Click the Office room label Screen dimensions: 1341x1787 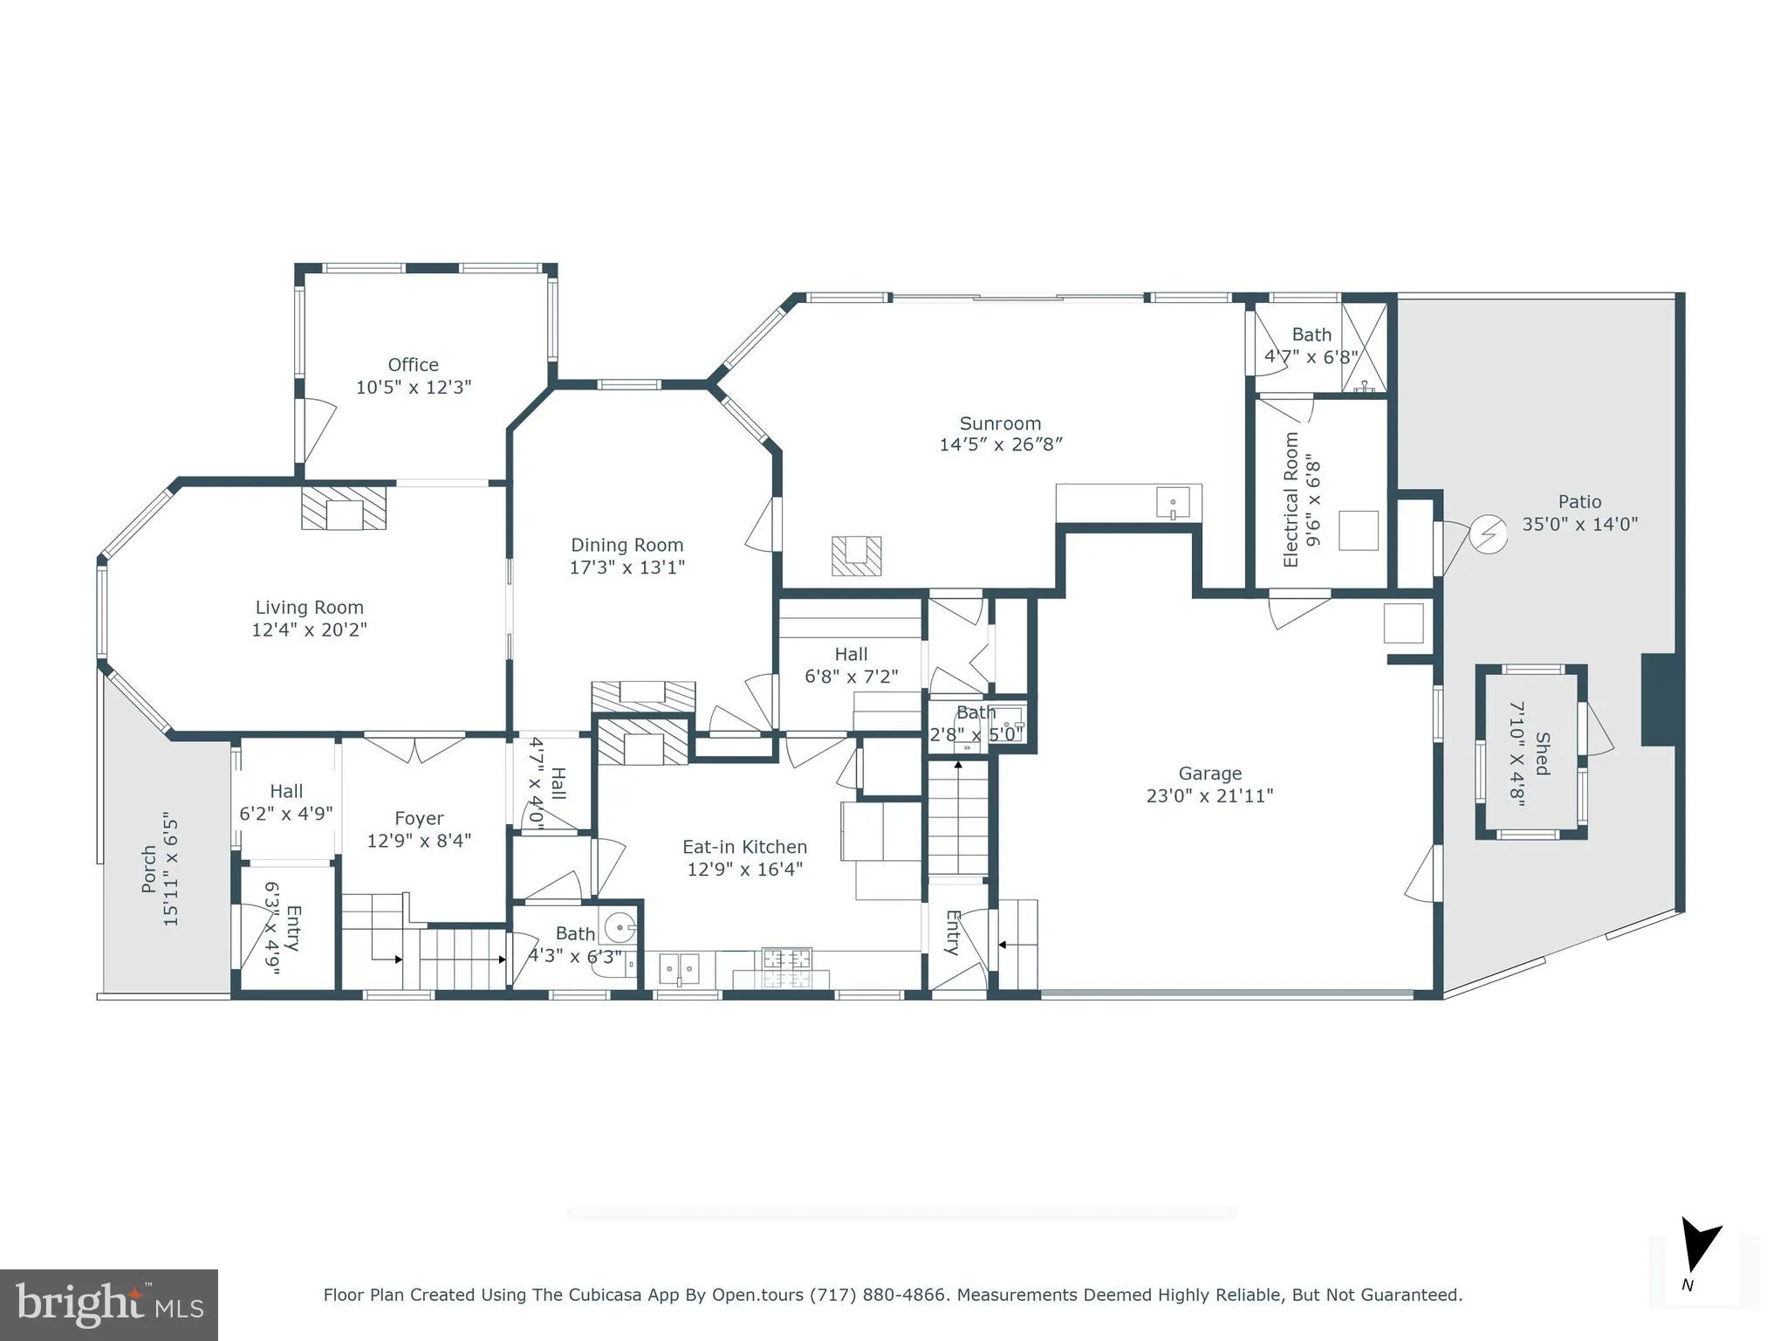(413, 365)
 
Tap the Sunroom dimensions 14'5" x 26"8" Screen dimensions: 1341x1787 (1000, 444)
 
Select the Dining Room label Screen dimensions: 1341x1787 (626, 545)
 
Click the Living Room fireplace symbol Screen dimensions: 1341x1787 (344, 508)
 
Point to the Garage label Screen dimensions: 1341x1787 (1209, 774)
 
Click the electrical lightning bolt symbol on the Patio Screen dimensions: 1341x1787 (1488, 535)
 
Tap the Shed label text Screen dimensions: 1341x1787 (1542, 753)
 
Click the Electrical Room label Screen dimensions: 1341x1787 (1291, 499)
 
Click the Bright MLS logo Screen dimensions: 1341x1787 (109, 1304)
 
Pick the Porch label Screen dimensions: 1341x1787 (149, 869)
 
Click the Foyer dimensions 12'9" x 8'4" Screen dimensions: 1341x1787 (419, 840)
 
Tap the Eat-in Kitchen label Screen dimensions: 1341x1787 (744, 847)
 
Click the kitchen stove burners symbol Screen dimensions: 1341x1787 (786, 968)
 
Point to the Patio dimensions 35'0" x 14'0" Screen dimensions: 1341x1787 (1579, 524)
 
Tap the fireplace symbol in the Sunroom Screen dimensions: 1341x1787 (856, 555)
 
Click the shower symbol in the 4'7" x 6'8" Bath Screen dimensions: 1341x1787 (1363, 347)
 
